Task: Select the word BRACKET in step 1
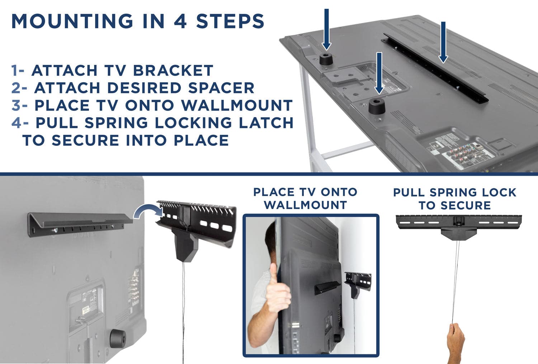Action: click(x=173, y=70)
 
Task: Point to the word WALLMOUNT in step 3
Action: click(x=237, y=105)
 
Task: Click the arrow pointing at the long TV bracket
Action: click(x=443, y=41)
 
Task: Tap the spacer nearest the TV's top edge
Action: click(x=326, y=59)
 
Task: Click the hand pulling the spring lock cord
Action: click(x=456, y=339)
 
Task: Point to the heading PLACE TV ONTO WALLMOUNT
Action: click(x=305, y=198)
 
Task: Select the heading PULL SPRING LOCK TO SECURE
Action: click(x=454, y=199)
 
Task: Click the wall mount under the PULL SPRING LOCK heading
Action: click(x=459, y=226)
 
